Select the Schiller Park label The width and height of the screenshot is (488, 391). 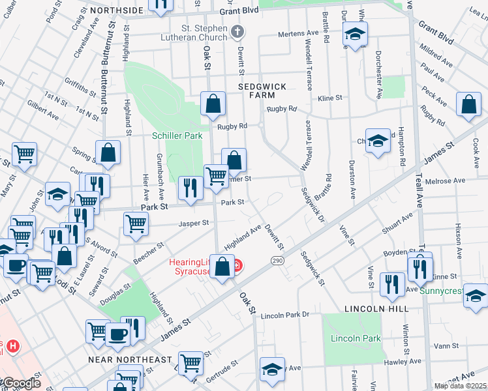click(x=177, y=136)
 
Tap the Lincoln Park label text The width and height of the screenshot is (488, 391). click(x=355, y=338)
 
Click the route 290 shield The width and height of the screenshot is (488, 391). click(x=277, y=260)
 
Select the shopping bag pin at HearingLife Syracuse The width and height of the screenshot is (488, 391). click(x=222, y=267)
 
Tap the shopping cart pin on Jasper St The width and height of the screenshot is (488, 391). click(x=136, y=224)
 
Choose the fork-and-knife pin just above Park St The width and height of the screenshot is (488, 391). click(x=190, y=189)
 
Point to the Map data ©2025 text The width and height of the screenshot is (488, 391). click(x=460, y=386)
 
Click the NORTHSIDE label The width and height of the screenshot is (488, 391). click(x=115, y=10)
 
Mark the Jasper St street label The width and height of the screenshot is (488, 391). click(x=194, y=223)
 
